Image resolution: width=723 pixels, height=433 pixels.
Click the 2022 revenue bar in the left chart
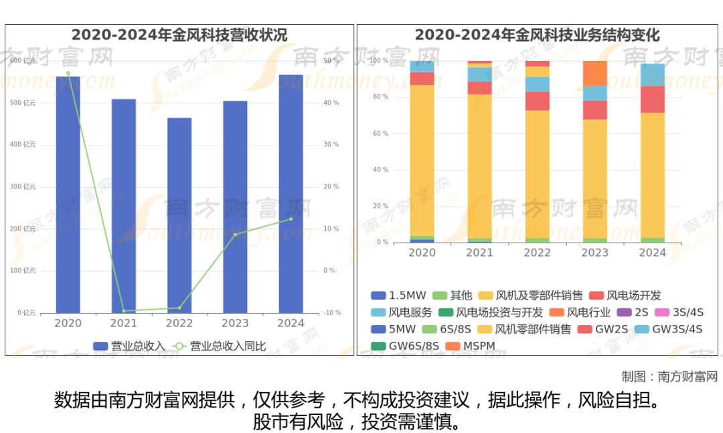coord(179,214)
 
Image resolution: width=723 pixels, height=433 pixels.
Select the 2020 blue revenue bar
coord(68,194)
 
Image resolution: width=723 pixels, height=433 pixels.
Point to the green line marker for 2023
coord(235,234)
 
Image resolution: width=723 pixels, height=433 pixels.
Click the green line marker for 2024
coord(291,219)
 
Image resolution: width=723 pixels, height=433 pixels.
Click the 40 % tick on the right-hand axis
coord(331,103)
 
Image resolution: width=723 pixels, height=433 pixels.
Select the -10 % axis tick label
coord(331,312)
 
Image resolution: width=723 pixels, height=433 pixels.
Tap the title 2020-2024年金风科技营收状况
coord(179,35)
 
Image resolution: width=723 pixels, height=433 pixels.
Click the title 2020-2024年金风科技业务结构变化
coord(537,35)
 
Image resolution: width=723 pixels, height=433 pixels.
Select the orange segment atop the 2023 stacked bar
coord(594,73)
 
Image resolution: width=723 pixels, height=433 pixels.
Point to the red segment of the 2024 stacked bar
coord(653,99)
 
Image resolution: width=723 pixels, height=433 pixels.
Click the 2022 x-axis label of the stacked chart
coord(537,253)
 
